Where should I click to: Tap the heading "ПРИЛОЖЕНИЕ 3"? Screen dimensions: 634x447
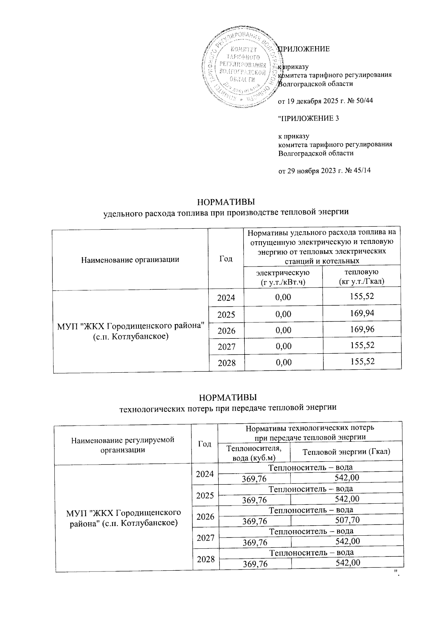[309, 118]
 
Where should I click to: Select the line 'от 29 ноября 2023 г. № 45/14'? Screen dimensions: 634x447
[325, 171]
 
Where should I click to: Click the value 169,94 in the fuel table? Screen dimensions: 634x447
[362, 313]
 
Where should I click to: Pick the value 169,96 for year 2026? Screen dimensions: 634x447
[362, 329]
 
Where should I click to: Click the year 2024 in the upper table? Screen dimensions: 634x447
[226, 298]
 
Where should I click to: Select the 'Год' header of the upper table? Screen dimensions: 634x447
[226, 259]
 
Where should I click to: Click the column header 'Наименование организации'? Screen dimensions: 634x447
[130, 259]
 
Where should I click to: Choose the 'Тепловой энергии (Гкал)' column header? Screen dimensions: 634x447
[346, 452]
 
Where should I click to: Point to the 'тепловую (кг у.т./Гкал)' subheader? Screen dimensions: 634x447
[362, 277]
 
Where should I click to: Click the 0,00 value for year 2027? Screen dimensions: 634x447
[283, 346]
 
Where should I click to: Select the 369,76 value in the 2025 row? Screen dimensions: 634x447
[254, 499]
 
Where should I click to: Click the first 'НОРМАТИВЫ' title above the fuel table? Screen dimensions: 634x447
[226, 202]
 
